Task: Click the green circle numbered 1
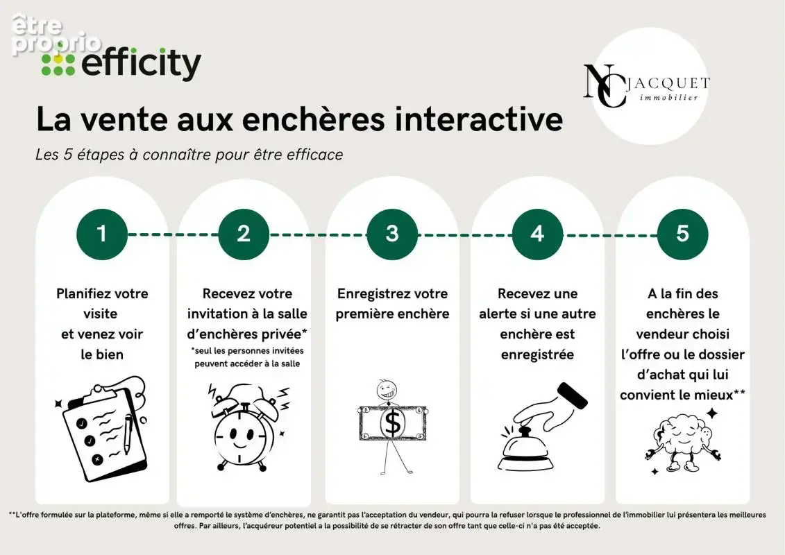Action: tap(102, 234)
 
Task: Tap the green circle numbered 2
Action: tap(244, 234)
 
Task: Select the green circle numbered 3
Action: tap(392, 234)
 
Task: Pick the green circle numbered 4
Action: tap(537, 234)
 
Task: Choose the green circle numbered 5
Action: tap(682, 234)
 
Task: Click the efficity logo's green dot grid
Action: tap(58, 64)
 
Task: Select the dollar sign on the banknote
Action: tap(393, 423)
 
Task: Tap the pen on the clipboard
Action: tap(128, 434)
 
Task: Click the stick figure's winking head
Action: tap(387, 389)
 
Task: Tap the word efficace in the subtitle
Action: tap(315, 155)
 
